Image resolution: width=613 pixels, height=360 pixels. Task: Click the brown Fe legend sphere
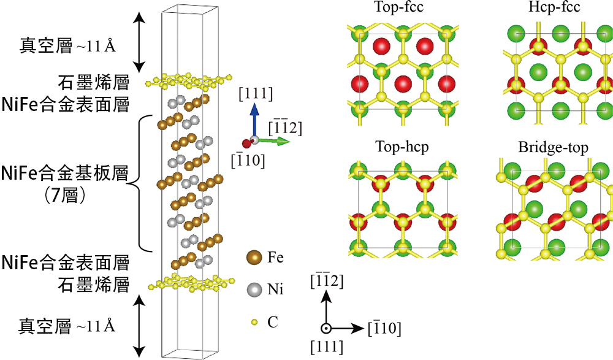(254, 258)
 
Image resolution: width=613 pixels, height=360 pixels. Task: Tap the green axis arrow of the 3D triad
(274, 141)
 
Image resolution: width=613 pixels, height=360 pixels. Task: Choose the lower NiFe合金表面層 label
(66, 264)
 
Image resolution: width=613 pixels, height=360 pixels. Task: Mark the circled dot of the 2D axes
(327, 328)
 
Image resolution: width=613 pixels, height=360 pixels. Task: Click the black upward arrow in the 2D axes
(327, 307)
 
